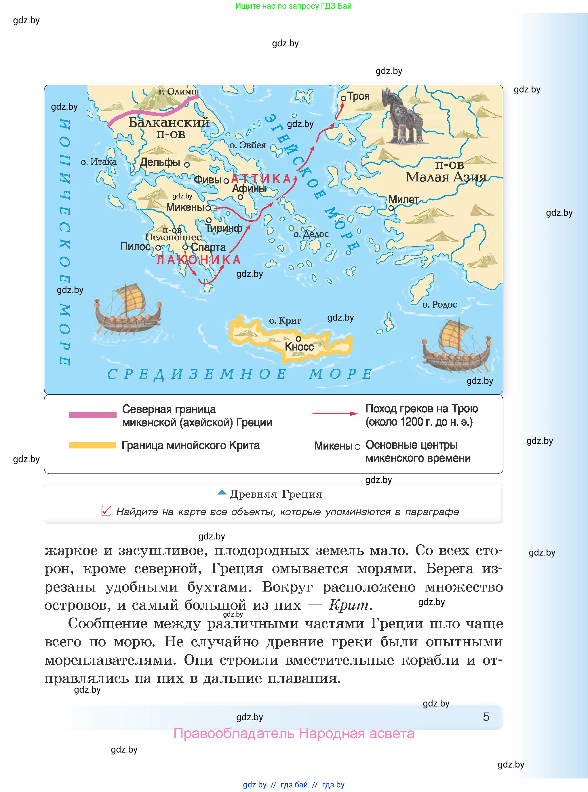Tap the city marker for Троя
(343, 99)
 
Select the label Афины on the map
(249, 188)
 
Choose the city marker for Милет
(391, 208)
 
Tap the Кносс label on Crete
(299, 346)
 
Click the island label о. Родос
(439, 304)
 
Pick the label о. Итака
(99, 162)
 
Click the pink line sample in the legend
(93, 415)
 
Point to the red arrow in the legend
(334, 414)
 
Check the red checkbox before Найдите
(106, 511)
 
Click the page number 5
(486, 717)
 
